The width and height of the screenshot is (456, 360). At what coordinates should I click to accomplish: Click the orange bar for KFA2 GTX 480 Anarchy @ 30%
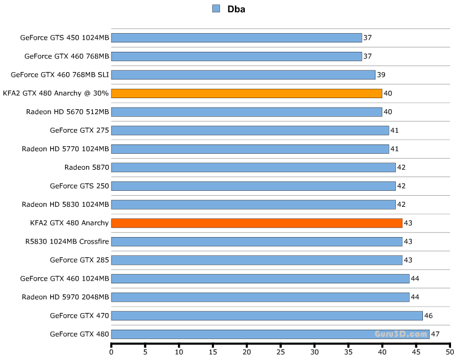246,93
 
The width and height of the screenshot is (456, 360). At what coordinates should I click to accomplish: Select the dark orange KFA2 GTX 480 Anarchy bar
256,223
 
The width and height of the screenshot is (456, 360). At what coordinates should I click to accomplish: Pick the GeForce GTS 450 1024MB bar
237,38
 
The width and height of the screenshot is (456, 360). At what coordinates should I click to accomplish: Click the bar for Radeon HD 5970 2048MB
260,297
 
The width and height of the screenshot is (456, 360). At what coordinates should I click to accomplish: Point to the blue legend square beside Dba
216,8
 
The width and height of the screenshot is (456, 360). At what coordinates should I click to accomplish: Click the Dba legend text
237,9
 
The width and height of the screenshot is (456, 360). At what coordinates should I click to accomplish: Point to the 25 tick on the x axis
281,352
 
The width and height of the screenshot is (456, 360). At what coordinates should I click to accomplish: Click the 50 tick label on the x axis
449,352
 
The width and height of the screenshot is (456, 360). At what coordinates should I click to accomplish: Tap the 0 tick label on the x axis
111,352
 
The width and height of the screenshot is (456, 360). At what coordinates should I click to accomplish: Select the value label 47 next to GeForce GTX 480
435,334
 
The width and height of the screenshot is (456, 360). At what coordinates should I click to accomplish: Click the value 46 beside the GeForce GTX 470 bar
428,315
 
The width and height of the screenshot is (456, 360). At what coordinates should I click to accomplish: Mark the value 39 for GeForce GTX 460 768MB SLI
381,75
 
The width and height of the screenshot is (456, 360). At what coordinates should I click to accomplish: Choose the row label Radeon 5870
87,167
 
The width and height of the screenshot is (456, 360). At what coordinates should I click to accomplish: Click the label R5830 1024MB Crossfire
67,241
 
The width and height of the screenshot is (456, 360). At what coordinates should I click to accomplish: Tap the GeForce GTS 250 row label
79,186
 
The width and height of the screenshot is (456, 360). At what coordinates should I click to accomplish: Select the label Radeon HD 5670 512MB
67,112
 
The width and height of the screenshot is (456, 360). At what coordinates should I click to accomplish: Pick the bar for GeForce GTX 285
256,260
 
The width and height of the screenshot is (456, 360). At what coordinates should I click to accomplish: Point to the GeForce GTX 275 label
79,130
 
